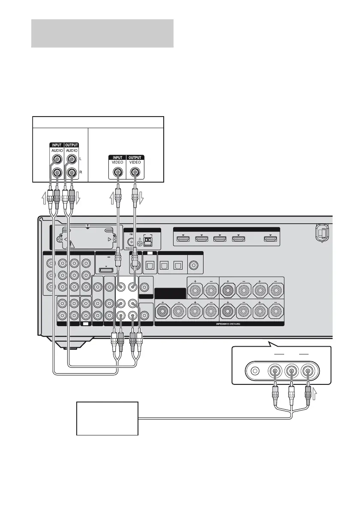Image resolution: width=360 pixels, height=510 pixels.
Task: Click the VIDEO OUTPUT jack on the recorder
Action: [x=135, y=172]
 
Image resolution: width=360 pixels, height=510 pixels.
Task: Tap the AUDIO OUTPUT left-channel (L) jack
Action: [x=71, y=159]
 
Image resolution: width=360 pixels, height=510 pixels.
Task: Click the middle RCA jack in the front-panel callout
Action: [x=291, y=371]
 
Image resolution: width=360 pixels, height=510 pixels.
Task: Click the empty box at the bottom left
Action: [x=107, y=418]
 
